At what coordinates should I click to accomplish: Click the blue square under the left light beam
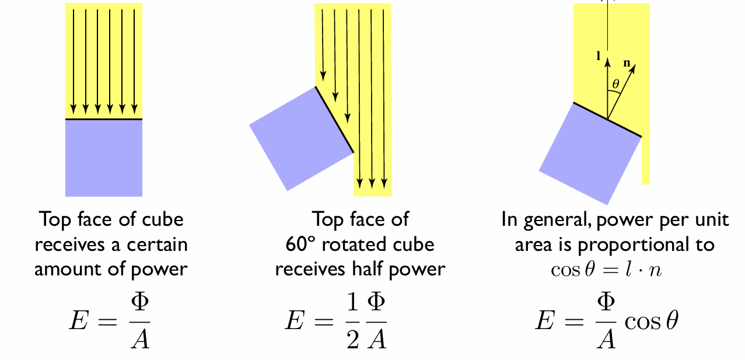(103, 158)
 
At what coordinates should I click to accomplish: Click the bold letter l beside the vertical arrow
(597, 57)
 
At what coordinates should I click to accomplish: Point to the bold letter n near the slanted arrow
(626, 63)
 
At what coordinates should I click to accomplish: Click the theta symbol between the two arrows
(615, 83)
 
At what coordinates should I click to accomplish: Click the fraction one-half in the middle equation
(353, 321)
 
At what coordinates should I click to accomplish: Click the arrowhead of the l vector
(608, 60)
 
